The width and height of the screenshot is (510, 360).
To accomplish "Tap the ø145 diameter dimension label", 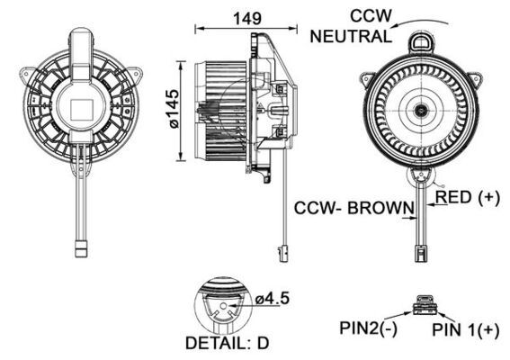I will point(171,106).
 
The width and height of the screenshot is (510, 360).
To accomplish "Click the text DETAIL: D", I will point(227,344).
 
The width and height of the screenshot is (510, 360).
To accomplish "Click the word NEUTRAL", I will point(351,37).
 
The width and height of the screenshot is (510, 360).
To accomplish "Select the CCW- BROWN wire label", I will point(353,208).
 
